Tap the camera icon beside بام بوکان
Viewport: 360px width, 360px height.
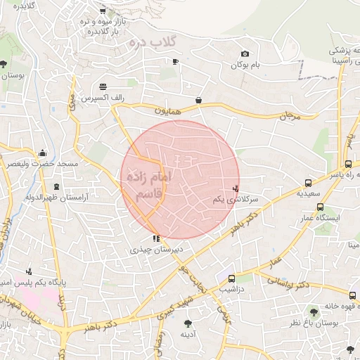click(x=245, y=54)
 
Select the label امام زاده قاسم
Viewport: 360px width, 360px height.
click(x=146, y=185)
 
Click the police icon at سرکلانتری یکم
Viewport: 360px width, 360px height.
click(x=236, y=188)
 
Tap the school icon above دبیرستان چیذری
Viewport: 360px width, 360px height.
click(x=155, y=239)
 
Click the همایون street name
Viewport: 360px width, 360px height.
click(x=169, y=110)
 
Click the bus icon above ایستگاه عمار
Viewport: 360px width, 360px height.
click(x=320, y=207)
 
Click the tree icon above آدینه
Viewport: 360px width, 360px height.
click(x=188, y=323)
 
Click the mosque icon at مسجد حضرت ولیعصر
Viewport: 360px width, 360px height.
click(x=43, y=153)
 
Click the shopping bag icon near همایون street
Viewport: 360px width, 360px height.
click(x=199, y=101)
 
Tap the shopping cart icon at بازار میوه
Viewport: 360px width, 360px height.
click(x=103, y=11)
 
